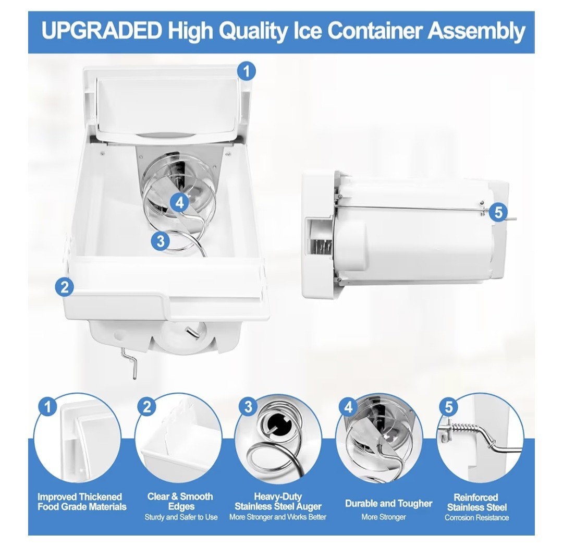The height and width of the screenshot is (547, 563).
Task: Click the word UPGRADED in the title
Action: point(102,31)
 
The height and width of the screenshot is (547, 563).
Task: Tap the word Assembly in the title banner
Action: point(476,32)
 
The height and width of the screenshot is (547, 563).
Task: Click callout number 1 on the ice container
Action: point(247,71)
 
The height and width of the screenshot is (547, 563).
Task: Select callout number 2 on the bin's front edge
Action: point(65,287)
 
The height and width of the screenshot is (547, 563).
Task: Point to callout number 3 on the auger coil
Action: point(161,240)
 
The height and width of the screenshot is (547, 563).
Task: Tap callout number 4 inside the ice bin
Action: point(179,203)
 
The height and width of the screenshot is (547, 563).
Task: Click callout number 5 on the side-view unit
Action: point(498,212)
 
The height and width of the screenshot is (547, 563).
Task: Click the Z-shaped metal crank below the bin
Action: point(132,365)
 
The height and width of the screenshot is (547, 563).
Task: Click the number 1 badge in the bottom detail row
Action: point(48,407)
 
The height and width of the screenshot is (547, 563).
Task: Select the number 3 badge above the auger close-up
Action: point(249,407)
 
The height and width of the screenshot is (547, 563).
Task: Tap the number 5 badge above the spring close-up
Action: point(449,407)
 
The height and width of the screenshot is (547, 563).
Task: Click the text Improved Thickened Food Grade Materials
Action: point(82,502)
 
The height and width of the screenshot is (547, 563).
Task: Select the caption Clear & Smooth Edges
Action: point(180,502)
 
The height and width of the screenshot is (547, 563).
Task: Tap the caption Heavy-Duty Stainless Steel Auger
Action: point(278,502)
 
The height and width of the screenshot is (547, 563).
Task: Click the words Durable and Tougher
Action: point(388,503)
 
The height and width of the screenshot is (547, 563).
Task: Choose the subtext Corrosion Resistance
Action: point(477,518)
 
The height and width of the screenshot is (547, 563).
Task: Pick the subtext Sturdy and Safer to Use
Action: point(181,517)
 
